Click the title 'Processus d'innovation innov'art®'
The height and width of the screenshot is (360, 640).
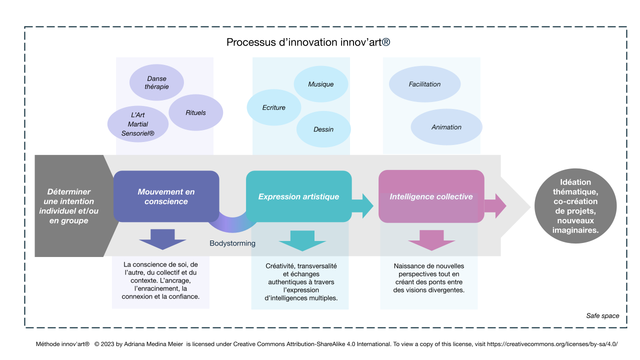(x=308, y=42)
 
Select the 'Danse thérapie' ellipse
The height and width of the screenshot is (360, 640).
(x=156, y=82)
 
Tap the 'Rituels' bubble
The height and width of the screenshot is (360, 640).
(x=195, y=112)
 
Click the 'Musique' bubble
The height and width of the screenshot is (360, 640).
(x=320, y=84)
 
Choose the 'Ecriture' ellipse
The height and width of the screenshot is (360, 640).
(x=274, y=107)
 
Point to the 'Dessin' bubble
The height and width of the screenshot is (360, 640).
(x=323, y=129)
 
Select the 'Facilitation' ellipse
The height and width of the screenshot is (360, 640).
(x=424, y=84)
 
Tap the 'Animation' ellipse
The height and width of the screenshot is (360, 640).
(x=446, y=127)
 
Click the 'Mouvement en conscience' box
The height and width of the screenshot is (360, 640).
(x=166, y=196)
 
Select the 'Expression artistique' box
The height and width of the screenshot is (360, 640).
(x=298, y=196)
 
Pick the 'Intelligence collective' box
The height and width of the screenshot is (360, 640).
(x=431, y=196)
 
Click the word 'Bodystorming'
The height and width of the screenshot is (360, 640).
(x=232, y=243)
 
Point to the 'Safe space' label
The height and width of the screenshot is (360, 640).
(x=602, y=316)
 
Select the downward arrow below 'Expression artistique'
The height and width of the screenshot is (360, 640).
(x=302, y=240)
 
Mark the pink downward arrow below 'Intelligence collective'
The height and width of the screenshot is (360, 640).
(x=431, y=240)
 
